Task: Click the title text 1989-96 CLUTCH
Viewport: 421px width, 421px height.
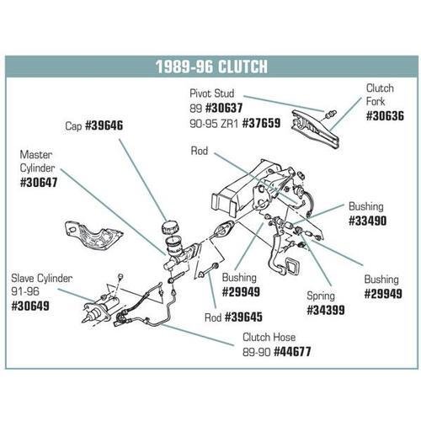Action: coord(210,67)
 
